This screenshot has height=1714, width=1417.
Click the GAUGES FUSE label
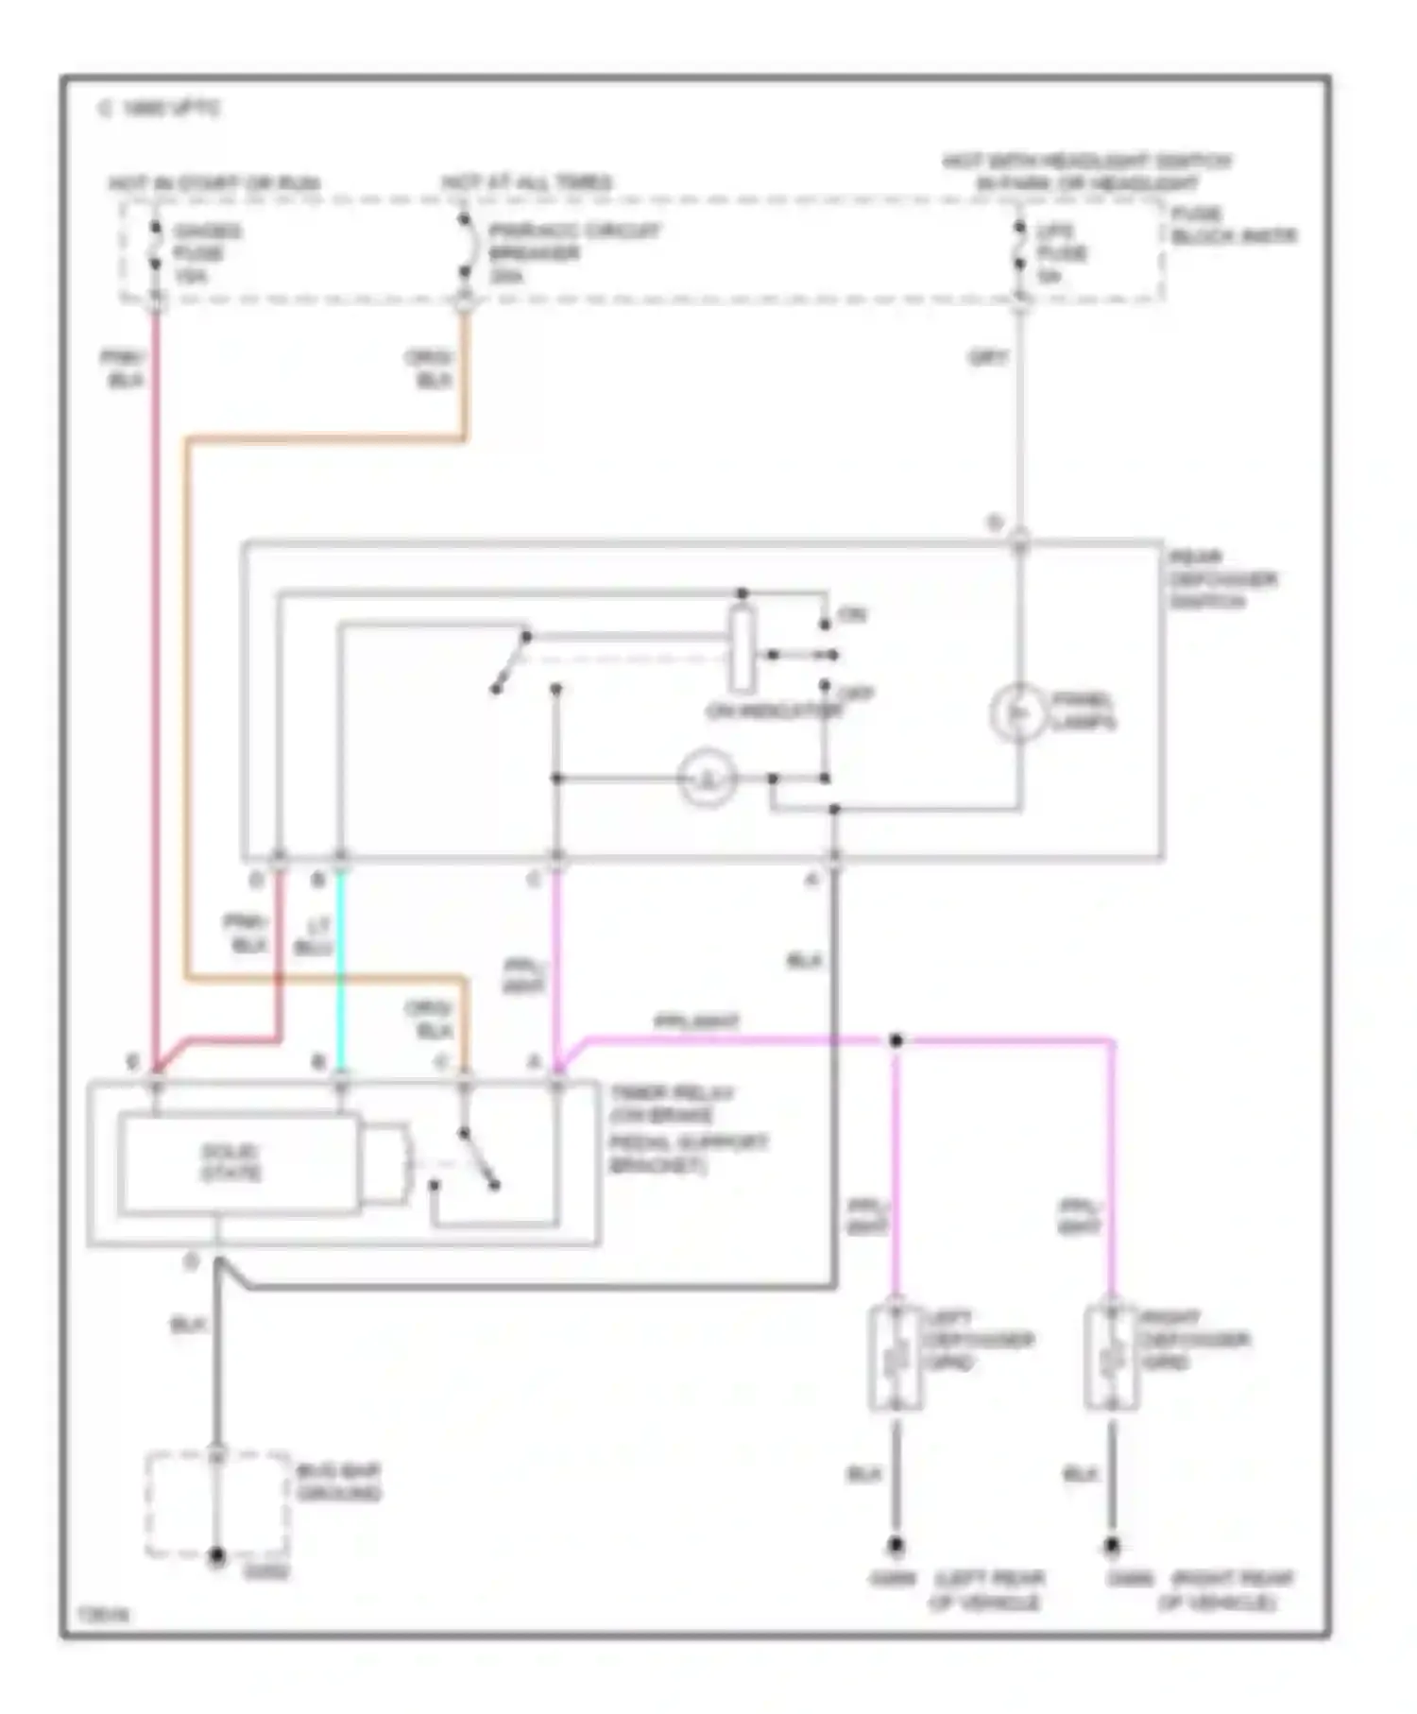[207, 253]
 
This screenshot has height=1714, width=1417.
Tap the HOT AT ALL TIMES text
[527, 182]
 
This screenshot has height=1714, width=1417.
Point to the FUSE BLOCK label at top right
[1232, 226]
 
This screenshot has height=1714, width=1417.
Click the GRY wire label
[987, 358]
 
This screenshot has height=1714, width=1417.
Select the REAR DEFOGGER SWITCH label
[1222, 579]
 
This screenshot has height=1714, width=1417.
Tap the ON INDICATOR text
[773, 711]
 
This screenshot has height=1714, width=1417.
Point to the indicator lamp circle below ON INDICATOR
[708, 779]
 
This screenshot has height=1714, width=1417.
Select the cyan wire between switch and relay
[341, 973]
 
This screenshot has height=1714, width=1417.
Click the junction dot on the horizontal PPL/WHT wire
[896, 1040]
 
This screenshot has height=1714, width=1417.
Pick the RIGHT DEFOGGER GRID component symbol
[1112, 1358]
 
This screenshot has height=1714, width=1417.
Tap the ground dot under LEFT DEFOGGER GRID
[895, 1547]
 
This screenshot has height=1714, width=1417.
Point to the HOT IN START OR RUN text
[214, 183]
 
